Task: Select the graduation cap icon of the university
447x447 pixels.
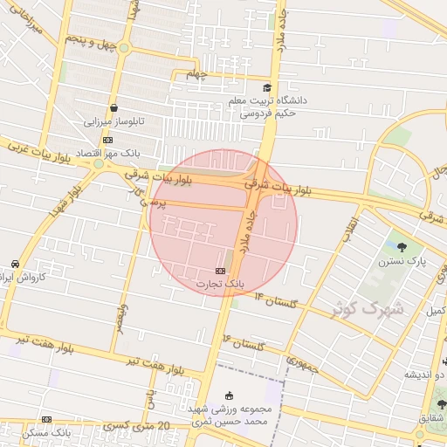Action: click(x=267, y=87)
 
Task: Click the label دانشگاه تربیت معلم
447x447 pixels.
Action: click(x=263, y=101)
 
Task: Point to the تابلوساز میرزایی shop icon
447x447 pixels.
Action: click(x=114, y=109)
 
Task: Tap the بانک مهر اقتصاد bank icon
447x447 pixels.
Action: click(x=107, y=140)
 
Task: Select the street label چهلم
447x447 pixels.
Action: click(x=197, y=75)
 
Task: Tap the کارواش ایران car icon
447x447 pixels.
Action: click(x=15, y=264)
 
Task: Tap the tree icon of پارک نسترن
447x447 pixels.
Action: click(x=402, y=247)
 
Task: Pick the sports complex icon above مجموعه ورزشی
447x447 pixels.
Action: click(x=230, y=395)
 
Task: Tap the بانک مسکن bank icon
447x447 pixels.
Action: click(x=46, y=420)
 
